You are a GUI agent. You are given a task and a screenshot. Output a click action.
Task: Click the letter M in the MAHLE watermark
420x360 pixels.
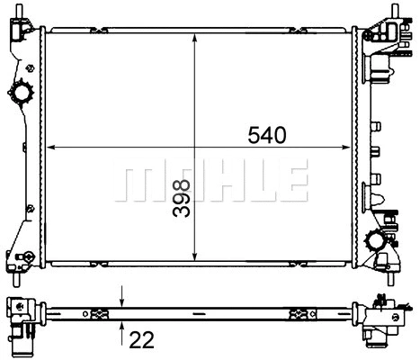point(137,181)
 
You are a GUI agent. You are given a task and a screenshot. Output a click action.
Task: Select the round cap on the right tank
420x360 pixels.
point(376,239)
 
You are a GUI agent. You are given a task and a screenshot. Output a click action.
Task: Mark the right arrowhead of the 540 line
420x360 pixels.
point(348,146)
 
